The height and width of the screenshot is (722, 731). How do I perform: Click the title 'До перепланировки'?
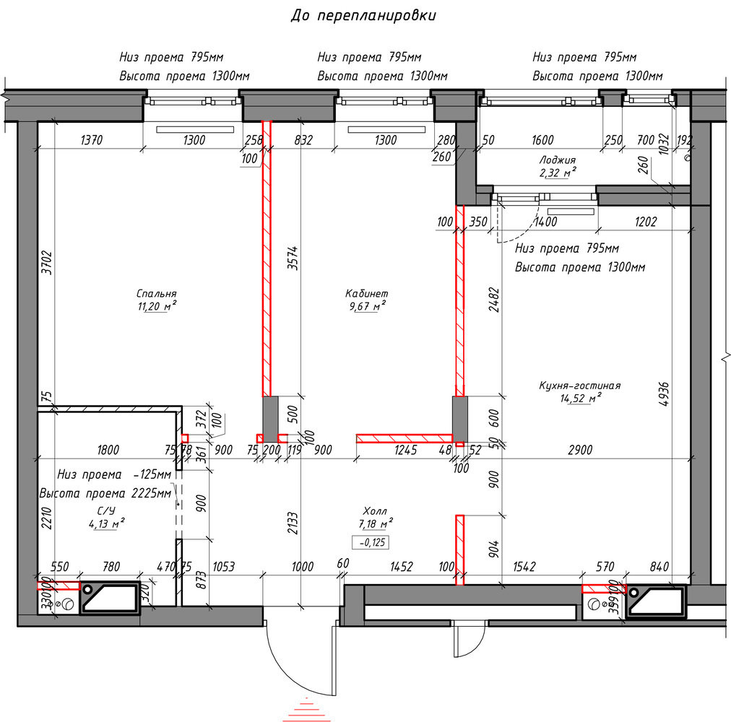(x=363, y=15)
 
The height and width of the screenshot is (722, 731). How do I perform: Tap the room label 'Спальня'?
(x=157, y=293)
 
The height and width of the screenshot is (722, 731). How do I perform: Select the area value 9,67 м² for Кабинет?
(x=368, y=305)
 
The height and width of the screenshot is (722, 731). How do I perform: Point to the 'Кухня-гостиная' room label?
(x=580, y=386)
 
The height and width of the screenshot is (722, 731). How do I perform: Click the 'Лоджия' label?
(x=558, y=160)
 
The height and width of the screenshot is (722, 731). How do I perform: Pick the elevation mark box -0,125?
(x=371, y=542)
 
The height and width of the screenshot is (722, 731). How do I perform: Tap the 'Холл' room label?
(x=375, y=511)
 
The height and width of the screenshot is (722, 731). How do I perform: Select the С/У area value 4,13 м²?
(x=106, y=523)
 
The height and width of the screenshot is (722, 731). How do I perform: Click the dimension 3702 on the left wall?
(x=47, y=262)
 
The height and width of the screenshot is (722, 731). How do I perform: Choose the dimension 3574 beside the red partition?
(x=293, y=258)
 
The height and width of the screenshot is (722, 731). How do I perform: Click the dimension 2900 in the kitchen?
(x=580, y=450)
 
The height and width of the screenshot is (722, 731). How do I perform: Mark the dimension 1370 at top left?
(x=91, y=139)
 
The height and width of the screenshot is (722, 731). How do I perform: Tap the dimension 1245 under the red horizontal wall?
(x=406, y=450)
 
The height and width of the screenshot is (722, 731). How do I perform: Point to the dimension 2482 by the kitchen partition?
(x=495, y=299)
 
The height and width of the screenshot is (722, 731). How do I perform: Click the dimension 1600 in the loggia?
(x=542, y=139)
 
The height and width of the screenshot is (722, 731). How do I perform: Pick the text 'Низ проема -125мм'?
(x=114, y=474)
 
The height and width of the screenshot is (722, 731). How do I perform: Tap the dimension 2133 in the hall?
(x=293, y=523)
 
